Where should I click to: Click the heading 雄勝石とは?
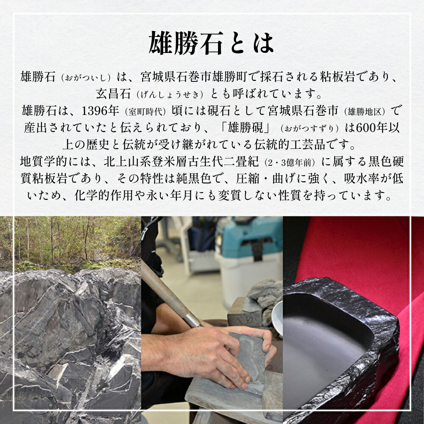[211, 43]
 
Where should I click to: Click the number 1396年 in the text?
[100, 111]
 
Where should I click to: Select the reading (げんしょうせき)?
[170, 95]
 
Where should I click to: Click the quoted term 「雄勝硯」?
[245, 128]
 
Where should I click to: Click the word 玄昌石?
[114, 94]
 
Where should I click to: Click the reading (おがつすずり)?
[310, 128]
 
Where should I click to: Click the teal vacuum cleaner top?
[249, 233]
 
